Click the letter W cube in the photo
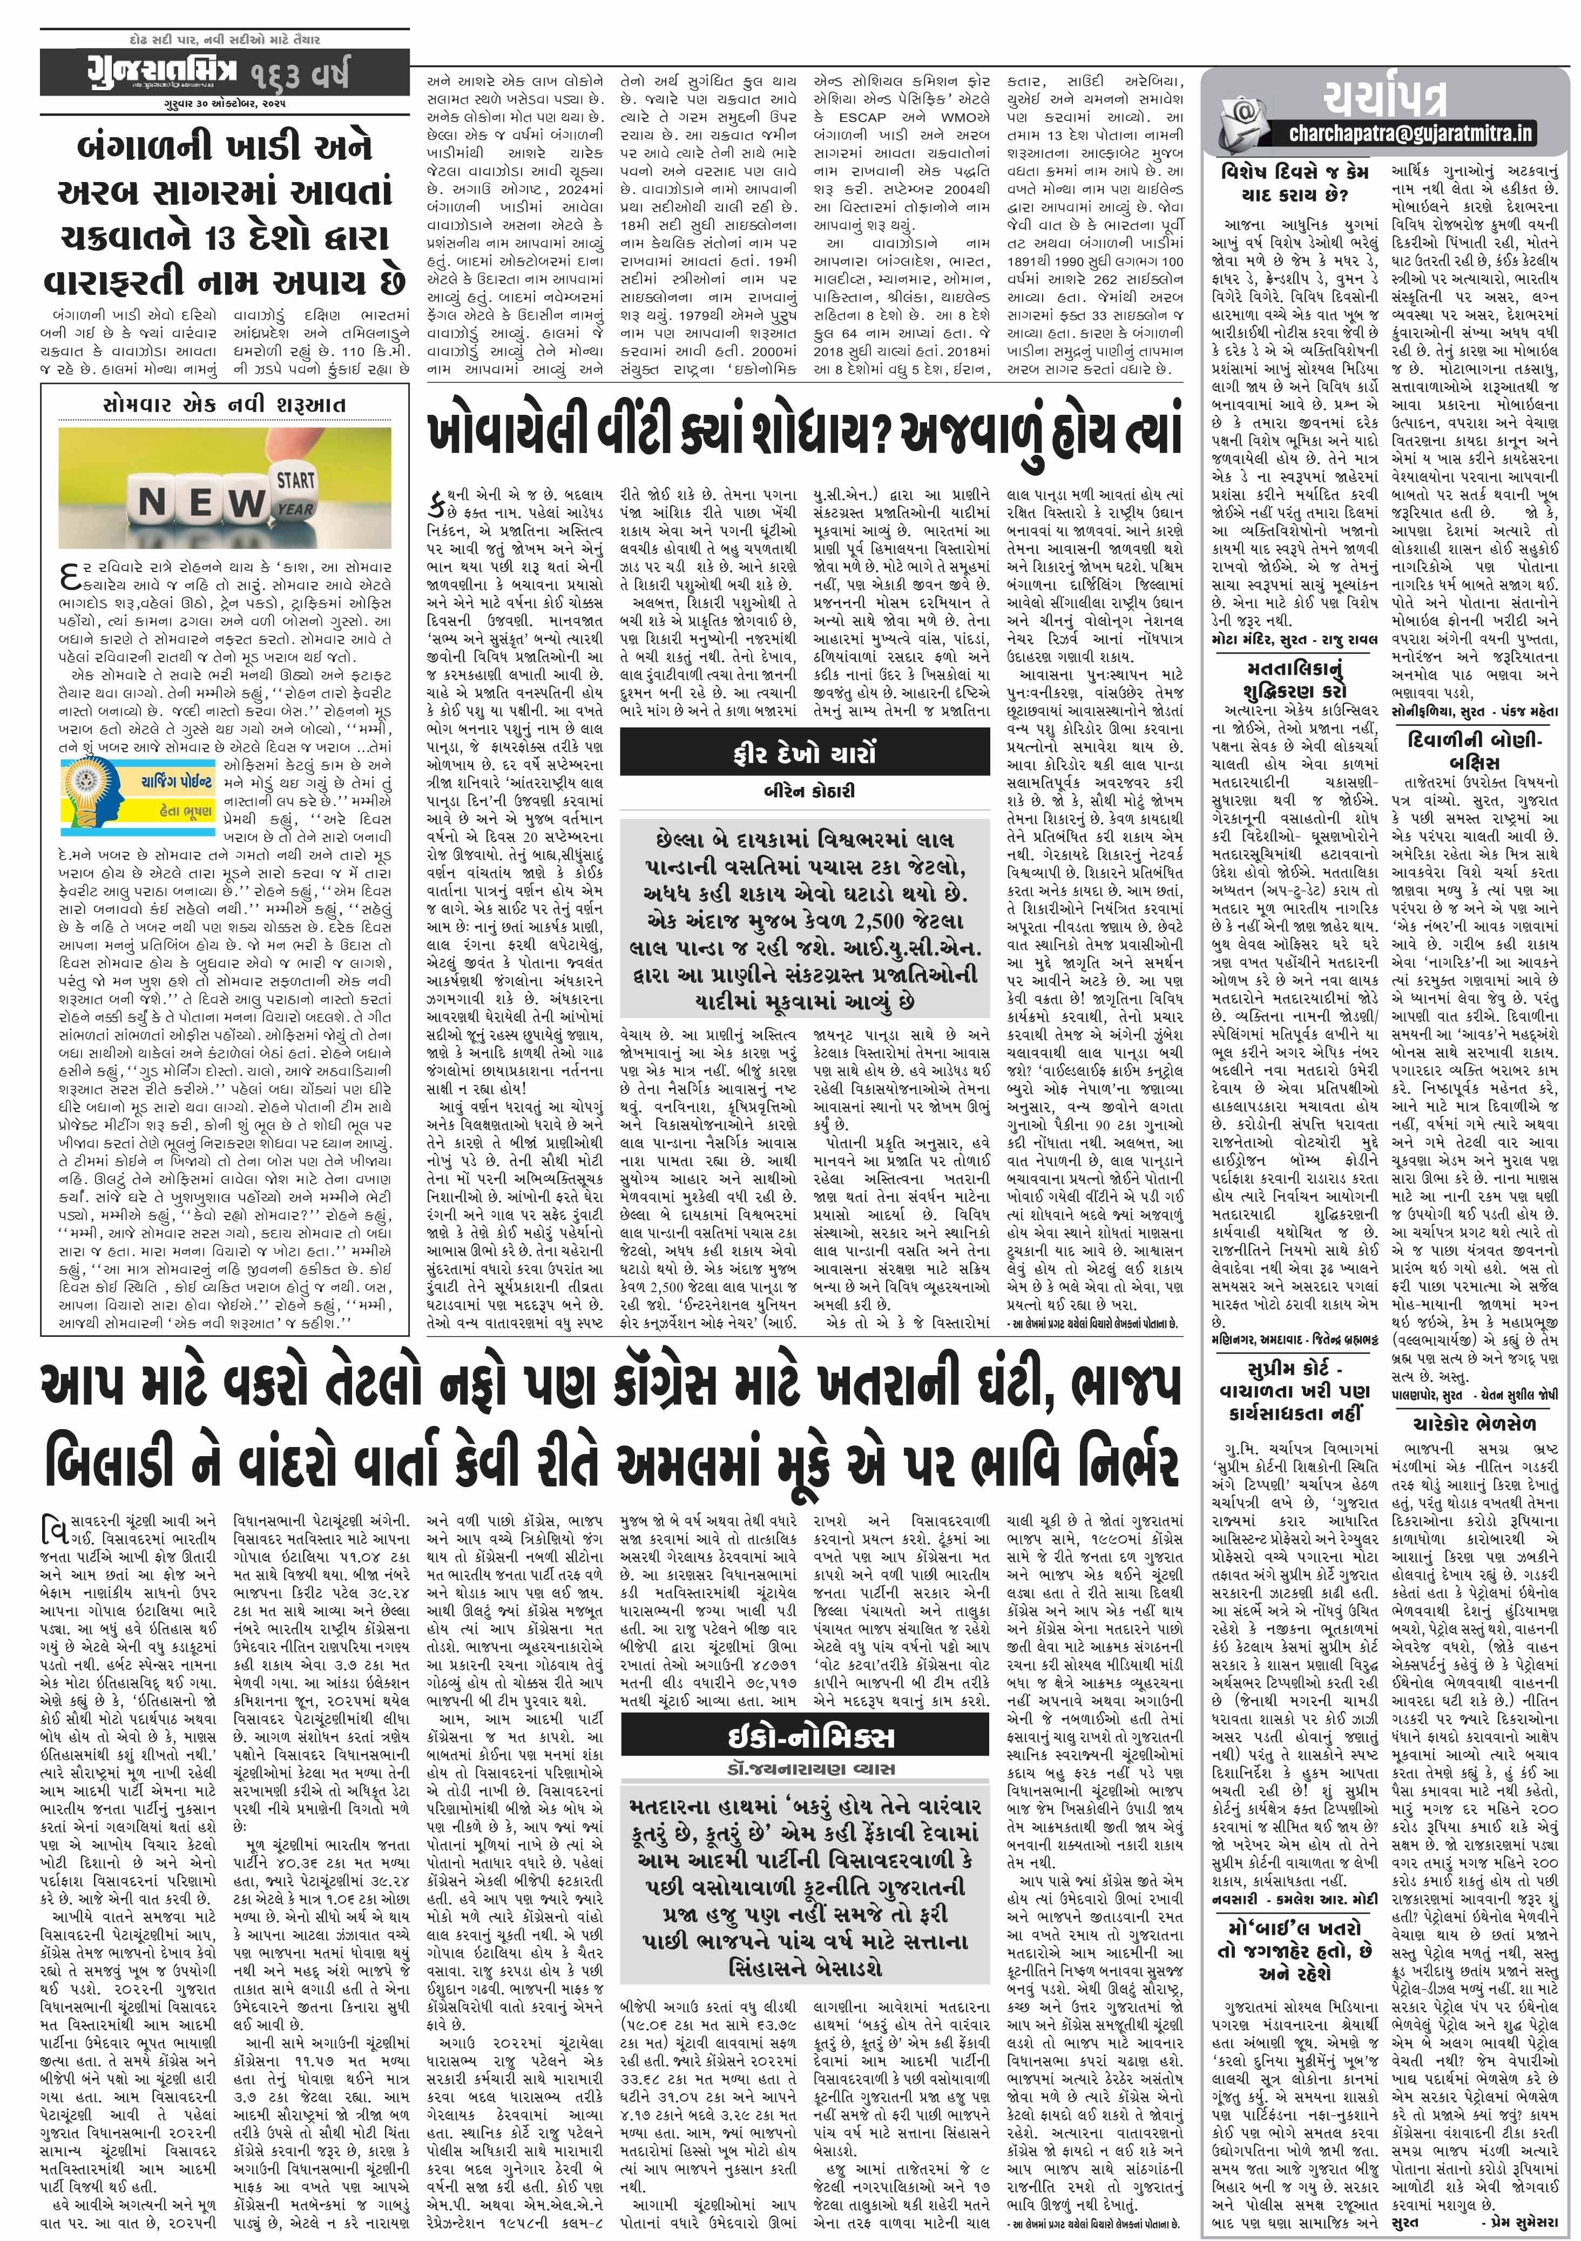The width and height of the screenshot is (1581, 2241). [x=244, y=503]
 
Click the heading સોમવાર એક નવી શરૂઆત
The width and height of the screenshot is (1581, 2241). [x=225, y=404]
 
